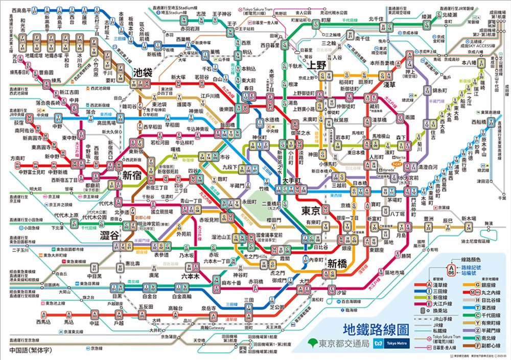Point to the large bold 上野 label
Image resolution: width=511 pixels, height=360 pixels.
coord(317,65)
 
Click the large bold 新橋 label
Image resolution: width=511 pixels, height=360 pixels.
coord(338,264)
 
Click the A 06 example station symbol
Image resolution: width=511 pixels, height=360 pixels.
coord(451,269)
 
